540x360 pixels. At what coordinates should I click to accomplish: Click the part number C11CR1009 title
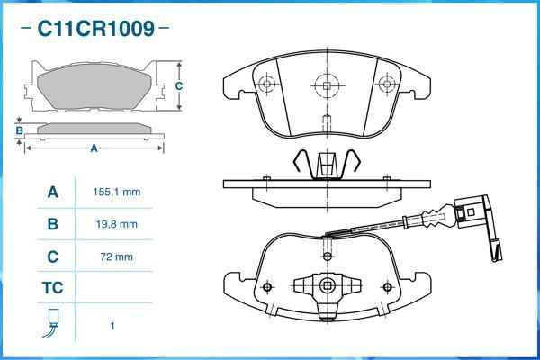pyautogui.click(x=94, y=28)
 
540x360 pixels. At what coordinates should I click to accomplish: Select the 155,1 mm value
pyautogui.click(x=117, y=193)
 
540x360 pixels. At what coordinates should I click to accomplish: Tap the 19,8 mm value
pyautogui.click(x=117, y=224)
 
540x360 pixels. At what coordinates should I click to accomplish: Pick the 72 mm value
pyautogui.click(x=117, y=256)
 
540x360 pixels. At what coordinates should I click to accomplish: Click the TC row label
pyautogui.click(x=53, y=289)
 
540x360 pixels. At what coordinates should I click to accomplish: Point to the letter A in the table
pyautogui.click(x=53, y=193)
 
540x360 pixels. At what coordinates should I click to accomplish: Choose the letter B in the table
pyautogui.click(x=53, y=224)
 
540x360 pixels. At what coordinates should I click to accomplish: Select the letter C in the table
pyautogui.click(x=53, y=256)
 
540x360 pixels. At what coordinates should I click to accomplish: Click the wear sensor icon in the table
pyautogui.click(x=53, y=321)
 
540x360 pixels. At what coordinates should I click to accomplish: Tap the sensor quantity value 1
pyautogui.click(x=112, y=326)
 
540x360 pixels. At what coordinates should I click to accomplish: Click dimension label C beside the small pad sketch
pyautogui.click(x=179, y=86)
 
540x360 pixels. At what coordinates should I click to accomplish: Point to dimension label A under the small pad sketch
pyautogui.click(x=93, y=148)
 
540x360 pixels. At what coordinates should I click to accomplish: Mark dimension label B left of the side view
pyautogui.click(x=19, y=130)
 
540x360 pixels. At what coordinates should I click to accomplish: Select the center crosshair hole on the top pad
pyautogui.click(x=325, y=85)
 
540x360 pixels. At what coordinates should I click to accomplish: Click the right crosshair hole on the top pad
pyautogui.click(x=386, y=85)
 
